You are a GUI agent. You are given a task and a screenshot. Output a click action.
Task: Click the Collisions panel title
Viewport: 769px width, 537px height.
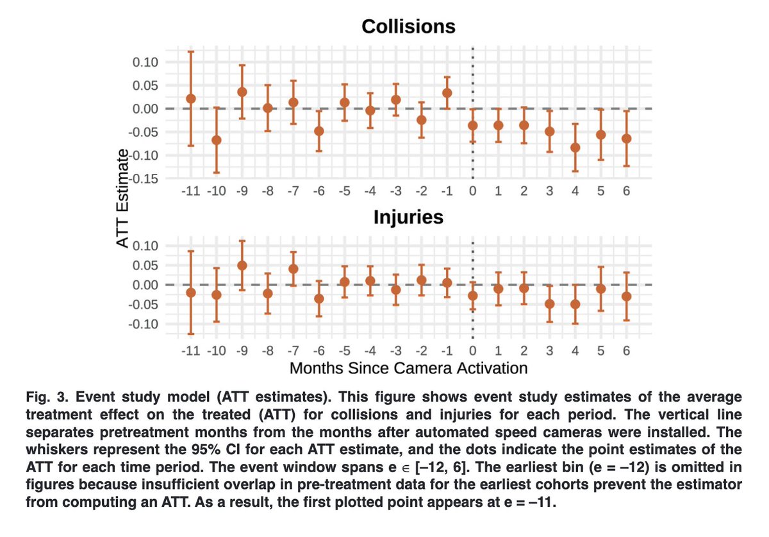408,26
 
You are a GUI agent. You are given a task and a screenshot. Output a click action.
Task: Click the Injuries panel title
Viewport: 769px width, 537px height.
408,217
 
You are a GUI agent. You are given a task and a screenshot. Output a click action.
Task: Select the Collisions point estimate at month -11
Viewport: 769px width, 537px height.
190,99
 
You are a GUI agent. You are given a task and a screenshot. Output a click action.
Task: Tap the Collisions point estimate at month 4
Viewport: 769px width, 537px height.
575,148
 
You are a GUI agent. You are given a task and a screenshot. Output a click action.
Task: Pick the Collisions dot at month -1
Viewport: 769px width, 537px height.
447,93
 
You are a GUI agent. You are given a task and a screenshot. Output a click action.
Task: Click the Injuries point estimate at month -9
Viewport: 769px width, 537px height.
242,266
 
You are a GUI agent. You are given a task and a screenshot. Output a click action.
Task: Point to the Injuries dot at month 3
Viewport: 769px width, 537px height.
549,303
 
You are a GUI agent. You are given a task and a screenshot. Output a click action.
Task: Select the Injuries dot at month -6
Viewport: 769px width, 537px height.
318,298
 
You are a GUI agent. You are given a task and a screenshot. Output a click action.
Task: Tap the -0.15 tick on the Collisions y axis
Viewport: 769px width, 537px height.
145,178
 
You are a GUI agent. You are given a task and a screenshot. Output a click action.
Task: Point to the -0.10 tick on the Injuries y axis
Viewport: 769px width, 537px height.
145,324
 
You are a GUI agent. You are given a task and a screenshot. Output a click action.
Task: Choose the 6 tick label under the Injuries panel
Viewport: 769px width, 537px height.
626,351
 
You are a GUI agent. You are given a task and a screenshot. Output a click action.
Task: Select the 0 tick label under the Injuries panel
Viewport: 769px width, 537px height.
472,351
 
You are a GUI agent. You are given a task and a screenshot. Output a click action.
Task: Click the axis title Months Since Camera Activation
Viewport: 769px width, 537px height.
408,368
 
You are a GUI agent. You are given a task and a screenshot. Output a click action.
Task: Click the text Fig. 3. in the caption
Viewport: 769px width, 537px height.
45,396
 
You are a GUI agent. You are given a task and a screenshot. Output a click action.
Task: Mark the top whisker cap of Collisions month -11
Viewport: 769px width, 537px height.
190,51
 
